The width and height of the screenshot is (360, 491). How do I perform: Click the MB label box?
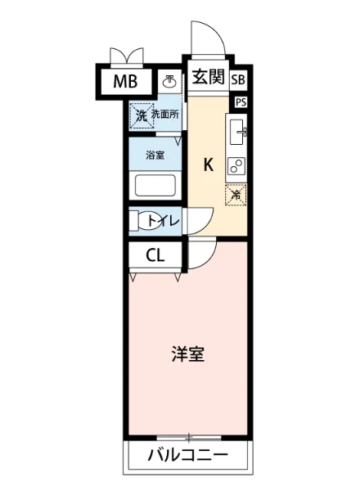point(125,81)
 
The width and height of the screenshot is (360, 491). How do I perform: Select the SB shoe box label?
point(238,79)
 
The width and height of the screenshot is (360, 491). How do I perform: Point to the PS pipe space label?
point(240,102)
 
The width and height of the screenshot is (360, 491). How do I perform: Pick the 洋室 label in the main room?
point(187,354)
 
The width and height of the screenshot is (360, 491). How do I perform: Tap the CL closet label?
point(155,255)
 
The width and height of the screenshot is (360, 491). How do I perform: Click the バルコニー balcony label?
point(187,455)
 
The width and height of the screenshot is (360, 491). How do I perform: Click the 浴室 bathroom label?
point(155,154)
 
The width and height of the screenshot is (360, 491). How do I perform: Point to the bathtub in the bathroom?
point(156,184)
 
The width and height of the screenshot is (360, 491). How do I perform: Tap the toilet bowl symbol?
point(148,220)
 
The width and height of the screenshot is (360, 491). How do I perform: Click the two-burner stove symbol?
point(236,165)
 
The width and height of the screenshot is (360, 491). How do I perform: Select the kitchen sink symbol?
point(237,130)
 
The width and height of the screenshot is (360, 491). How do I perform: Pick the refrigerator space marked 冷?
point(236,195)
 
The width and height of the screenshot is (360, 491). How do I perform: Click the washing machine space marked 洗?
point(141,115)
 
